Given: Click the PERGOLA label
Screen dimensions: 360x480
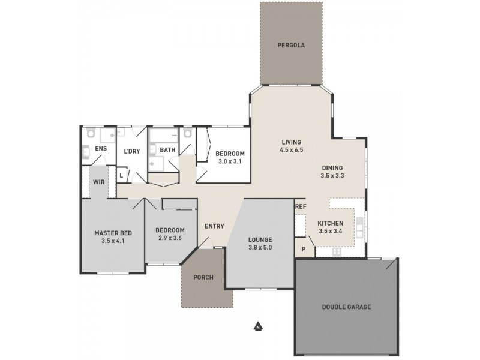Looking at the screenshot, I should [291, 45].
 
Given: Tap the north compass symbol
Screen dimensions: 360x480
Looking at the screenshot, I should [257, 327].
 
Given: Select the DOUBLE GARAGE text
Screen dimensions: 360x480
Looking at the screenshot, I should [346, 307].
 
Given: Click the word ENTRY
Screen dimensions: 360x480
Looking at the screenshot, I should [214, 226].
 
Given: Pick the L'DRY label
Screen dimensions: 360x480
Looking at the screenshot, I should [131, 151].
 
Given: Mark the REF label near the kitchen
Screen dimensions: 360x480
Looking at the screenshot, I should [301, 207].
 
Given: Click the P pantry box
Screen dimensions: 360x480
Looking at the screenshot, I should [303, 248].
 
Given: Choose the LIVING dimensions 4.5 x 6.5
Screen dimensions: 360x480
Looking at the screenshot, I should [291, 151].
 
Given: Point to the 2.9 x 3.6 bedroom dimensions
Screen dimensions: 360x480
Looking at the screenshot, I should [170, 239].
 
